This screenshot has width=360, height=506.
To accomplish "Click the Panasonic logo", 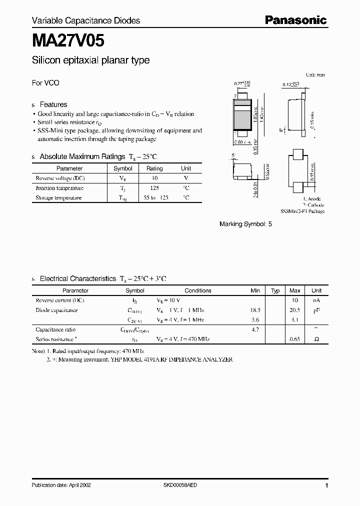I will [x=295, y=20].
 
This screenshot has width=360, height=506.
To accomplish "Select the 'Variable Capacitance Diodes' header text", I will [x=86, y=20].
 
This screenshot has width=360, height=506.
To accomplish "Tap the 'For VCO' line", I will [x=45, y=83].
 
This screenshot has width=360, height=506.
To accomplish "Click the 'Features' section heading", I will [x=53, y=104].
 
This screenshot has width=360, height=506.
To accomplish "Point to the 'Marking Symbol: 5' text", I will [x=245, y=224].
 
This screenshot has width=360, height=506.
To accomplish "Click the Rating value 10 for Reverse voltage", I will [x=154, y=178].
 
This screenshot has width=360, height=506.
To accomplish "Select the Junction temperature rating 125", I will [x=154, y=188].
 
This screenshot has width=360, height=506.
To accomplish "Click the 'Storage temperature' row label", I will [x=58, y=197].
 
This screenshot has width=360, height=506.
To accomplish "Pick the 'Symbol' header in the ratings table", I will [x=123, y=168].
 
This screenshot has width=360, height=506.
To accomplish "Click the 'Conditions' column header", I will [x=198, y=290].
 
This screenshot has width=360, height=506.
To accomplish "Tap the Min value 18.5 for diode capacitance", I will [x=255, y=310].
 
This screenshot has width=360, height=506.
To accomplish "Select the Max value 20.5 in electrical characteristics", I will [x=295, y=310].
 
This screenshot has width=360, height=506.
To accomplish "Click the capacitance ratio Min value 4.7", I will [x=255, y=329].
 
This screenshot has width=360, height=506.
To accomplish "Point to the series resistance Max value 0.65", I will [x=295, y=339].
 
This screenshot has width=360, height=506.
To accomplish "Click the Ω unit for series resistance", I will [x=316, y=339].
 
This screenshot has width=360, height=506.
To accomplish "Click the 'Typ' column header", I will [x=275, y=290].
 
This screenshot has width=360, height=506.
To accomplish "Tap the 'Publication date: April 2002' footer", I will [x=61, y=485].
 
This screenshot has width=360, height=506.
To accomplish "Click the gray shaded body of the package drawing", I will [x=243, y=118].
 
